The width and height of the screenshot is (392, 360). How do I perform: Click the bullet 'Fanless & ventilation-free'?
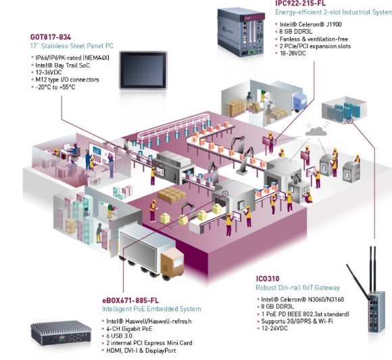[x=317, y=40]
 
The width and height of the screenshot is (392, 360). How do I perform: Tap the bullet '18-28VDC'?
[x=295, y=55]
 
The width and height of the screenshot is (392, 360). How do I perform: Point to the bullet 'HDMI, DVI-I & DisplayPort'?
[x=144, y=351]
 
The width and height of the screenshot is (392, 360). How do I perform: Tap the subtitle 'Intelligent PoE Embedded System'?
[x=147, y=309]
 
